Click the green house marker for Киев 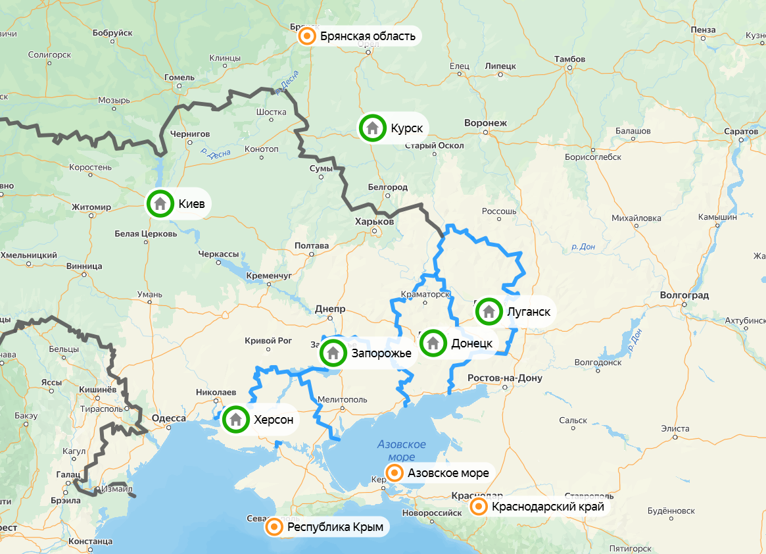pos(160,203)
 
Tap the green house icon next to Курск pos(372,128)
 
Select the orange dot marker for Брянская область pos(306,36)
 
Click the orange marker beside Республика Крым pos(274,527)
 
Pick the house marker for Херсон pos(236,419)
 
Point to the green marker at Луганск pos(489,311)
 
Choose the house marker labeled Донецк pos(433,343)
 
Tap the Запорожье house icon pos(333,353)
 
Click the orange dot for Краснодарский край pos(479,507)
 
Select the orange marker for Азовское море pos(395,472)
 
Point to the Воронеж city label pos(485,123)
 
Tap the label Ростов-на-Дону pos(504,378)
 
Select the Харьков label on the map pos(373,222)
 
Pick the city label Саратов pos(741,131)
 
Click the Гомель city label pos(180,77)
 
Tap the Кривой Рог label pos(268,340)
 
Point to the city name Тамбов pos(569,59)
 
